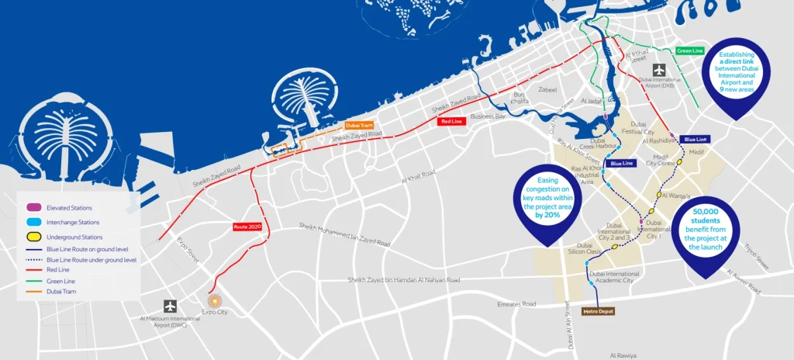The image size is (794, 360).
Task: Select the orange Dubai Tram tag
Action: pos(359,124)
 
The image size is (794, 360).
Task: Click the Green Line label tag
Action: pos(689,51)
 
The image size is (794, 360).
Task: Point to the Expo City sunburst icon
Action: pos(216,299)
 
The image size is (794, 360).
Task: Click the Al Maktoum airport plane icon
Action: pos(170,306)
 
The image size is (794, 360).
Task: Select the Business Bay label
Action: pos(488,116)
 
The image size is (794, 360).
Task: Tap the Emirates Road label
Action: pos(519,305)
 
